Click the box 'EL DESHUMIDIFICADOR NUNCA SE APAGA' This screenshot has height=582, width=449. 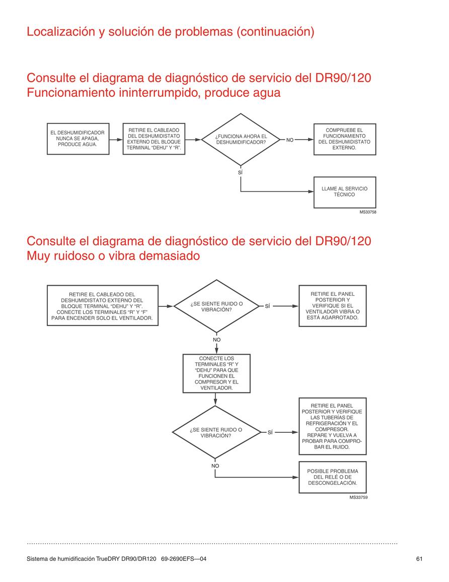(x=78, y=139)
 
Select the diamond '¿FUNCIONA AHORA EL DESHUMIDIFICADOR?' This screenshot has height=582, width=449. (x=241, y=140)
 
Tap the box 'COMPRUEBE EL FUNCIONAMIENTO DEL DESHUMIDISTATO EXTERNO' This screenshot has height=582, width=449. (x=344, y=139)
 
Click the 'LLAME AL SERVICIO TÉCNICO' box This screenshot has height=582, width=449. (x=344, y=192)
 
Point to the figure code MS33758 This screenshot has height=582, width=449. (x=368, y=212)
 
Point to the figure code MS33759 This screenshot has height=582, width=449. (x=358, y=497)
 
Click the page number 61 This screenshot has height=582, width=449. (x=419, y=559)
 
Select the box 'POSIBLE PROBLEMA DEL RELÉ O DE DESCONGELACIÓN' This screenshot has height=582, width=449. (x=333, y=477)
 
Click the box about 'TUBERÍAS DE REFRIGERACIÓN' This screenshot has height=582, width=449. (x=333, y=426)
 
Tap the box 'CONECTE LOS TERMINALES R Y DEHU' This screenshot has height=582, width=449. (x=216, y=373)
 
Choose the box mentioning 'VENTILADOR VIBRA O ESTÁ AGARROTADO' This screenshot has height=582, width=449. (x=333, y=306)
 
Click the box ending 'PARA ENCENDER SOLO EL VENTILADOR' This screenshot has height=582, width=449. (x=102, y=305)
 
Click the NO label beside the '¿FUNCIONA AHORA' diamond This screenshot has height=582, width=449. (x=290, y=140)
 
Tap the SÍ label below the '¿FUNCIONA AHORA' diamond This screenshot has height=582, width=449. (x=240, y=173)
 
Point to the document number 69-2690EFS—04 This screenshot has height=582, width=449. (x=184, y=559)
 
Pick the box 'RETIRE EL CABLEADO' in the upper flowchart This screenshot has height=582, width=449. (x=154, y=139)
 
